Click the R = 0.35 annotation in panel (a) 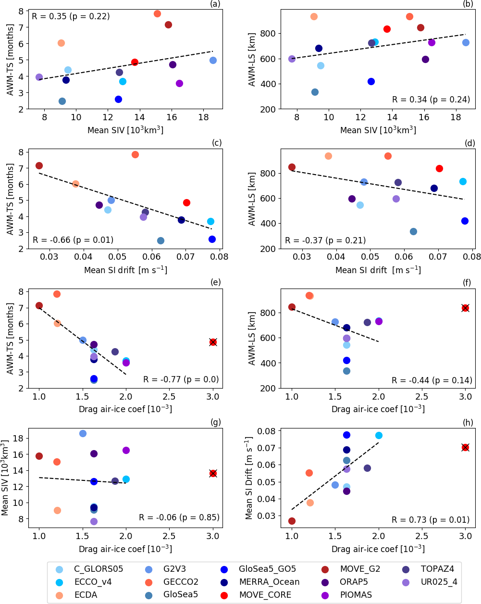(71, 16)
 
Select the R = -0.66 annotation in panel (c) (73, 240)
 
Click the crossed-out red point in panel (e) (213, 342)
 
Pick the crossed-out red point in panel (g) (213, 473)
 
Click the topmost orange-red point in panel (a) (157, 13)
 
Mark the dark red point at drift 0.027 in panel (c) (39, 165)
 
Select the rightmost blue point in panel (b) (466, 42)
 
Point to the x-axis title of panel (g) (125, 549)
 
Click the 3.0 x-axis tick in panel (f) (465, 397)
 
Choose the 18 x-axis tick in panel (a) (203, 117)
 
